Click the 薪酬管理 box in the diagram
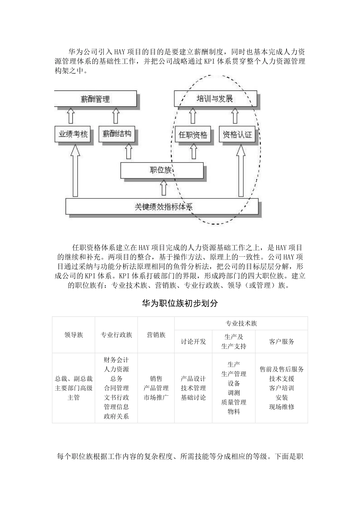click(x=95, y=99)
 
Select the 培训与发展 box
click(x=215, y=99)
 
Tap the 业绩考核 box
click(x=73, y=134)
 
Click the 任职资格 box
click(x=193, y=134)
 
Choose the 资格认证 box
click(x=237, y=134)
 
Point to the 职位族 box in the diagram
click(x=162, y=170)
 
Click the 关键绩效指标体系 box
click(x=163, y=207)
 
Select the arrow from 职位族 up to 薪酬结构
click(x=128, y=151)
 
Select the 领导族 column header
click(x=74, y=335)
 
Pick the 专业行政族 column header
click(x=116, y=335)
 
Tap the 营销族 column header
click(x=156, y=335)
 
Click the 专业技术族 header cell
click(x=241, y=323)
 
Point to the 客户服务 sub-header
click(x=282, y=341)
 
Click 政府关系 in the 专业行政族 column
click(x=116, y=416)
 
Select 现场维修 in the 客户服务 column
click(x=282, y=407)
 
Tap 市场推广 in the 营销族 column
click(x=156, y=397)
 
